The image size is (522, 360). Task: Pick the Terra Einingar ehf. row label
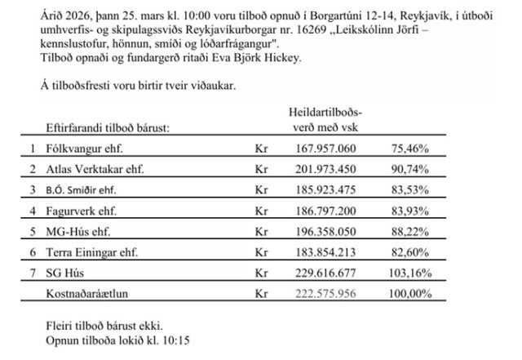[x=88, y=254]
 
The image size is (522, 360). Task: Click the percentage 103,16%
[x=411, y=275]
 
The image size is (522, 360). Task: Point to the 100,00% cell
[x=411, y=293]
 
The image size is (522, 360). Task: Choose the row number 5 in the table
[x=33, y=233]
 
